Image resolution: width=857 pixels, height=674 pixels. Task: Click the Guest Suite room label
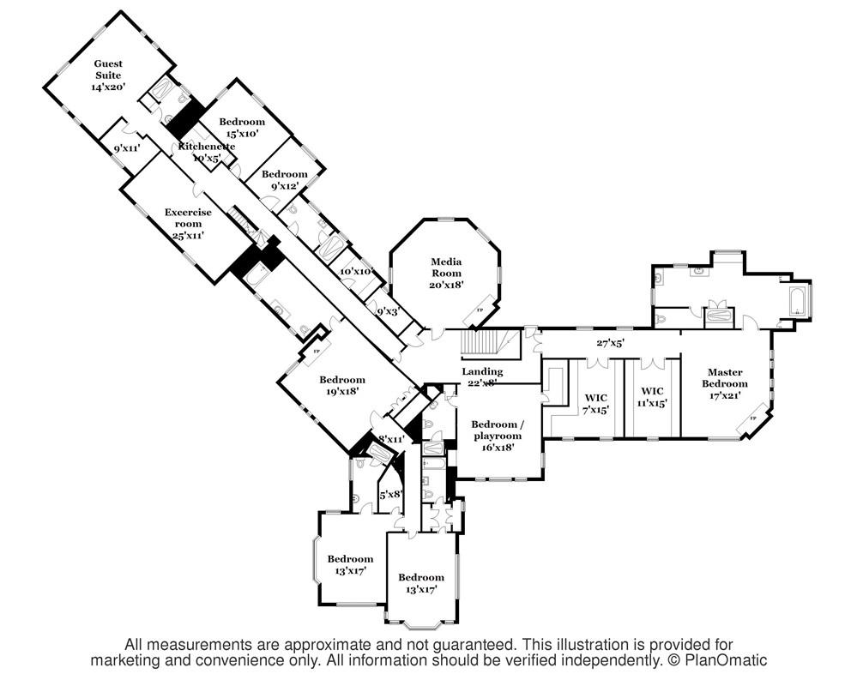[109, 75]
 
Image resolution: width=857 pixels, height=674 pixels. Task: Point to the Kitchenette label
[206, 152]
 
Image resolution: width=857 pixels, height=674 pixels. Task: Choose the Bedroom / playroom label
[494, 435]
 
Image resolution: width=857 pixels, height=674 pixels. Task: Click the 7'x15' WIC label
[596, 403]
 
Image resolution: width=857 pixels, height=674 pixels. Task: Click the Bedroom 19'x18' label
[342, 384]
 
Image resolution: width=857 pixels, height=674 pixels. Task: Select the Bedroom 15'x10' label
[242, 127]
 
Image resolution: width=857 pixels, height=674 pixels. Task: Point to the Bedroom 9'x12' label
[279, 179]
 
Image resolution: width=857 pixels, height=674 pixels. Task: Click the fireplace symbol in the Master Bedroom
[755, 417]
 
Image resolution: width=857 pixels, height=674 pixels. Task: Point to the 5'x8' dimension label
[391, 493]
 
